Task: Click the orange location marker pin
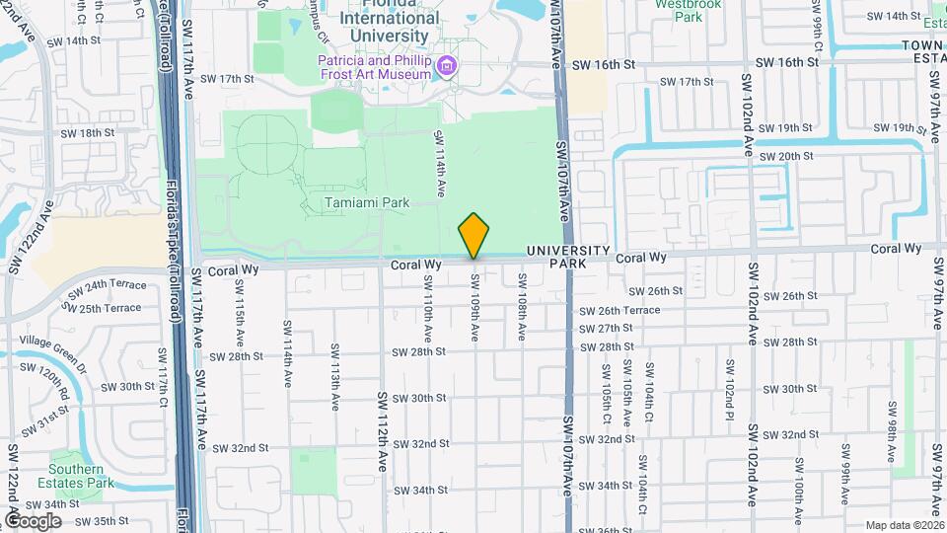click(474, 235)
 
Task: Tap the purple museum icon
click(447, 67)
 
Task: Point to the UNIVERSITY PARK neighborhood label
click(568, 258)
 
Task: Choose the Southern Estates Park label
click(78, 477)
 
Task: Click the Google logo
click(33, 520)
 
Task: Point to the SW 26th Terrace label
click(619, 310)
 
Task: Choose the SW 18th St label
click(88, 132)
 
